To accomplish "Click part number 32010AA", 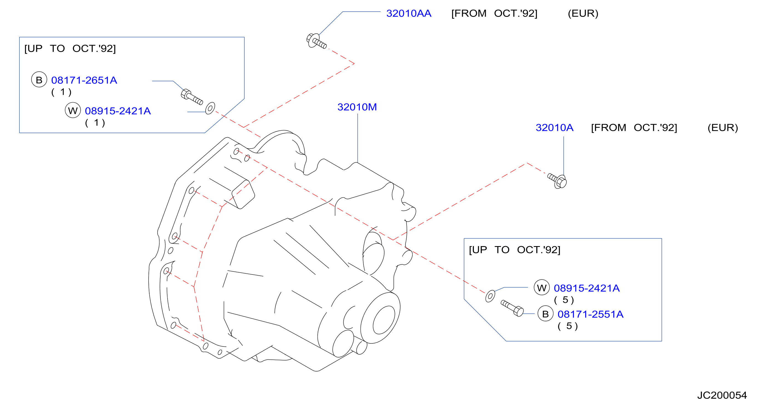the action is point(409,14).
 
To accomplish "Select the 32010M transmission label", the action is point(357,107).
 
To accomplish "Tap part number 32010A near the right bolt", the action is point(555,128).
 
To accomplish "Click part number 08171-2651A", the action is point(84,80).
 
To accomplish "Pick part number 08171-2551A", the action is point(590,314).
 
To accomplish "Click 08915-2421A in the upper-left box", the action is point(118,111).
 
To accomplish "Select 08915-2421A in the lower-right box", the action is point(587,288).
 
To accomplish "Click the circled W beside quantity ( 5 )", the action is point(542,287).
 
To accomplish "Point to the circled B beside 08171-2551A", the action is point(545,314).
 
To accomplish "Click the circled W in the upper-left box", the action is point(73,110).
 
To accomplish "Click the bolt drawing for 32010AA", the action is point(316,41).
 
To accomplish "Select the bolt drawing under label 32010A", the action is point(557,181).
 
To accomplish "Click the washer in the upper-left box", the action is point(210,108).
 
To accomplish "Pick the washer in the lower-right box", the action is point(490,296).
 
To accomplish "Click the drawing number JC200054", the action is point(722,395).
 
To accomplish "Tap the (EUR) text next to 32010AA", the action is point(583,14).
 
